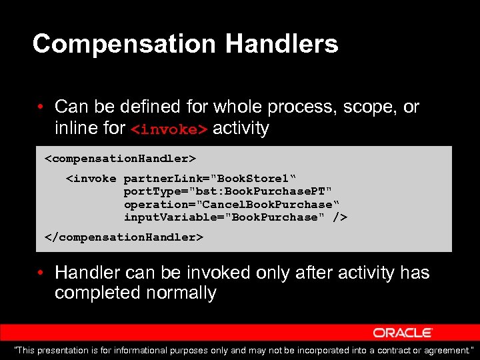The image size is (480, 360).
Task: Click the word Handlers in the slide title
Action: pyautogui.click(x=282, y=45)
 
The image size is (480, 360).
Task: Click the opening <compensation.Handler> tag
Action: pyautogui.click(x=120, y=159)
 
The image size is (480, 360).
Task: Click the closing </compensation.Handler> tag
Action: pyautogui.click(x=123, y=237)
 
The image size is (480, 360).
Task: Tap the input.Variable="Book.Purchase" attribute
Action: pyautogui.click(x=227, y=217)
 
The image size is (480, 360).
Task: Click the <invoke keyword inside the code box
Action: pyautogui.click(x=91, y=179)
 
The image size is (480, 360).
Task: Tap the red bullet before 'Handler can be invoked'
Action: pyautogui.click(x=41, y=273)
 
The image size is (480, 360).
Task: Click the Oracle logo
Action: pyautogui.click(x=403, y=332)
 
